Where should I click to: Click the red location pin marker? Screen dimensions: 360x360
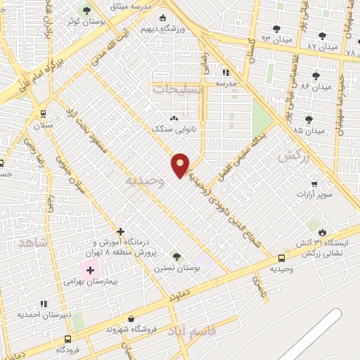[x=181, y=164]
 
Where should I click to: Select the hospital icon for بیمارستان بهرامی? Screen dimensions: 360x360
[x=91, y=269]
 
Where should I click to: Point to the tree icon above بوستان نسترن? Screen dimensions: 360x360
[x=176, y=257]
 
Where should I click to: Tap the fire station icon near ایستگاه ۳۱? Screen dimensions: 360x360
[x=323, y=232]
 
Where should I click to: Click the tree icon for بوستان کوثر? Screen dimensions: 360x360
[x=86, y=11]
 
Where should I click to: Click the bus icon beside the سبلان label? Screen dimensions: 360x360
[x=44, y=113]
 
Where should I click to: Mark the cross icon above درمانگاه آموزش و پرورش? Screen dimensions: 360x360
[x=121, y=231]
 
